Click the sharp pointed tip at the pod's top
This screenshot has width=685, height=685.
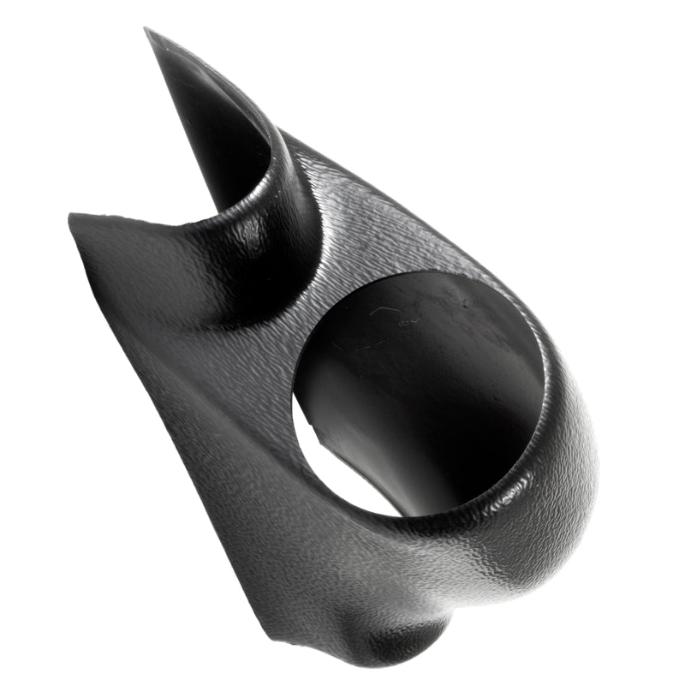(148, 32)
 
